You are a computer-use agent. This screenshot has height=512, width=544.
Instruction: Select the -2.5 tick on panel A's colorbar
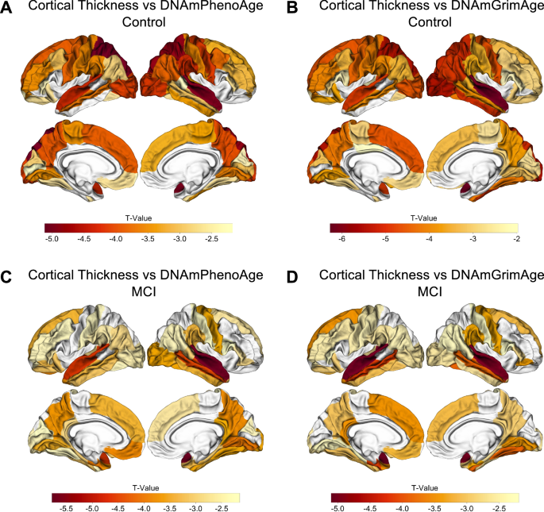click(x=212, y=238)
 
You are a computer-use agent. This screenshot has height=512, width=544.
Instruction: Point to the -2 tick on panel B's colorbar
click(x=515, y=238)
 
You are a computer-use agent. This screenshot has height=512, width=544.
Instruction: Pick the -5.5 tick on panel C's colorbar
click(x=67, y=506)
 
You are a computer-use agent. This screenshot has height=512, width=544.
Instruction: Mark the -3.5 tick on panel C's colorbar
click(x=170, y=506)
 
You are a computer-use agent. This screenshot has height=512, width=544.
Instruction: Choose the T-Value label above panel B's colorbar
click(x=420, y=215)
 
